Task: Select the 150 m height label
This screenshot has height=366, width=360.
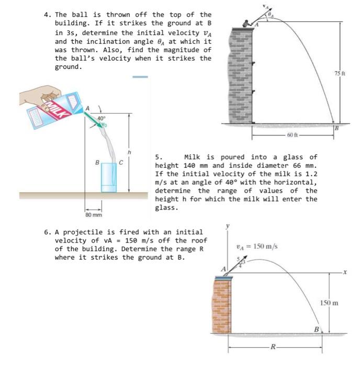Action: tap(329, 303)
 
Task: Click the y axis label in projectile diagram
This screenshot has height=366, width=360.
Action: tap(227, 227)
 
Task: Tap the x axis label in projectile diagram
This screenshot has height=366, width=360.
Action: tap(345, 272)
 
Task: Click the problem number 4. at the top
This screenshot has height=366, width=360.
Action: tap(47, 14)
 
